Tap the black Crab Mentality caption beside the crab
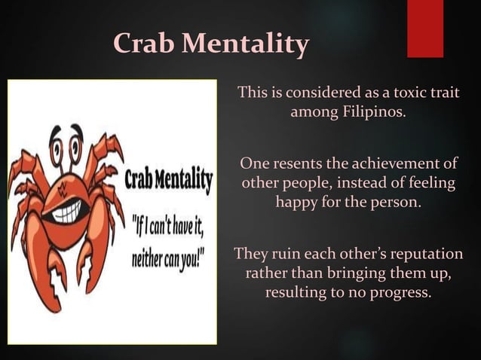167,182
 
